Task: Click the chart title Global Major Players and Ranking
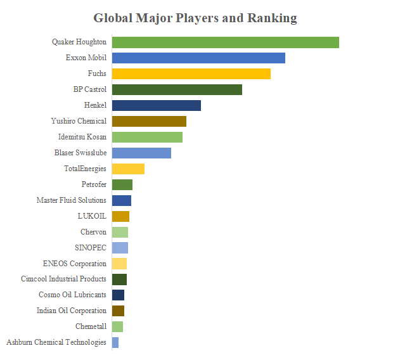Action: (195, 18)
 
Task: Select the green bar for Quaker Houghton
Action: (225, 42)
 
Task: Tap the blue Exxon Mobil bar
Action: (198, 58)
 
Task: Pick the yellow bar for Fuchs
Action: (191, 74)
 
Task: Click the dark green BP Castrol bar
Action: (177, 90)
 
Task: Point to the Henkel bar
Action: (156, 105)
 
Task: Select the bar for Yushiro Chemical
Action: (149, 121)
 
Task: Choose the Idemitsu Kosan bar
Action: (147, 137)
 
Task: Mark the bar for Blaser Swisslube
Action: (141, 153)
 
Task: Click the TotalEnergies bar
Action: (128, 169)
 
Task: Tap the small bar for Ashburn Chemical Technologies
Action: (115, 342)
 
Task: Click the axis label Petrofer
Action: (94, 184)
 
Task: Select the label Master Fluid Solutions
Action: (72, 200)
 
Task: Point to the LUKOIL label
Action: (92, 216)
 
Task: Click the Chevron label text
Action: (93, 232)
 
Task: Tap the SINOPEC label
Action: (91, 248)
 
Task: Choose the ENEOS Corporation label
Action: (75, 264)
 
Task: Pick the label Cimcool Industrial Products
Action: (63, 279)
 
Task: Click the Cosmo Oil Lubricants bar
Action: (118, 295)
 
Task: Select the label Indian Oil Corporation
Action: (72, 311)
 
